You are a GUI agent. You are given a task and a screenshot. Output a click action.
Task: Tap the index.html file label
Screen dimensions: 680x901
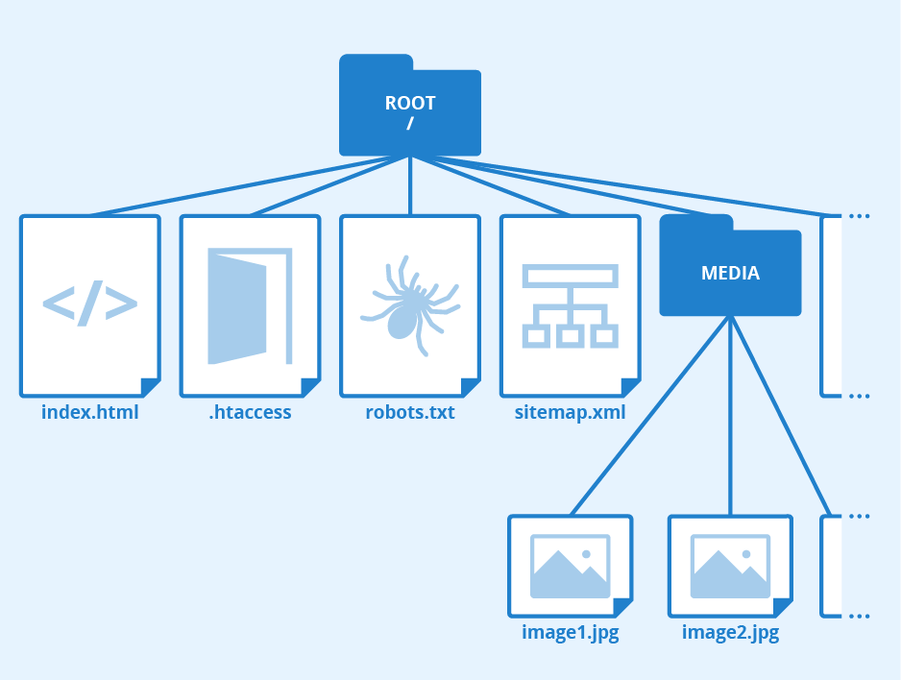(90, 413)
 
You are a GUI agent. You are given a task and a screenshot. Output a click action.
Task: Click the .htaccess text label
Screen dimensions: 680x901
(250, 413)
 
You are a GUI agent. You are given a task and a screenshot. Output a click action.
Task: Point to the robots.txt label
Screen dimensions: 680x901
(410, 413)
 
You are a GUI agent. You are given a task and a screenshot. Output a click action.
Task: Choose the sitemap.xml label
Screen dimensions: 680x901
(570, 413)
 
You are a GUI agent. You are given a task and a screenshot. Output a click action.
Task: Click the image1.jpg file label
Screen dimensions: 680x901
(570, 633)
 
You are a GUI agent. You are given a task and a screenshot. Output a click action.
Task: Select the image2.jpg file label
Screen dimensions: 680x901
(730, 633)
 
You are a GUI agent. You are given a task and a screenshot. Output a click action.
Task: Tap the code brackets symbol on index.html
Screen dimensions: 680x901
(90, 304)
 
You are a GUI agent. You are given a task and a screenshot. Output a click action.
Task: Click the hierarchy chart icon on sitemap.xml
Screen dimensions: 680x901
(570, 305)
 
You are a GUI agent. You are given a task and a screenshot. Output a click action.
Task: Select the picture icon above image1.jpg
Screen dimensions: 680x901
(571, 566)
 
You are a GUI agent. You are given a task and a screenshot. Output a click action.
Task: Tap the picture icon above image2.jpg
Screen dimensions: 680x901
(730, 566)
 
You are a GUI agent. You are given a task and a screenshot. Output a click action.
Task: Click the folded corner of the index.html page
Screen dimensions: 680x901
(151, 388)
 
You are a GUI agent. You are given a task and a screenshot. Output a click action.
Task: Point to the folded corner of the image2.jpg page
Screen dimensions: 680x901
(784, 608)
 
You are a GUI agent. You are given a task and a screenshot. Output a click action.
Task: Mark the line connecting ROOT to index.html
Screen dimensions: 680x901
(250, 184)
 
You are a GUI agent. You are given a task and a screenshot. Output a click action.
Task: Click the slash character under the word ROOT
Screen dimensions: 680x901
(410, 124)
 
